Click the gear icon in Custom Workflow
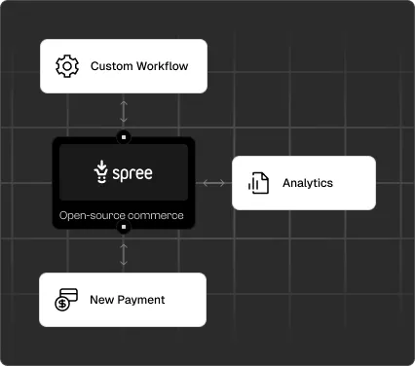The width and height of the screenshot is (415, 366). [x=66, y=66]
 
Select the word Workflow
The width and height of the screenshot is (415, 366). [x=164, y=66]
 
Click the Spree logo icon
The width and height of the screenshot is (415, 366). [x=100, y=173]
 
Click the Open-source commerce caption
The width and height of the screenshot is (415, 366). [x=121, y=215]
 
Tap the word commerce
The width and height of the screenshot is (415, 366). [x=157, y=215]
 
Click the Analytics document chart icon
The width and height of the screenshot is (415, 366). [x=258, y=183]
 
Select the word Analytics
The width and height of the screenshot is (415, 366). [x=308, y=183]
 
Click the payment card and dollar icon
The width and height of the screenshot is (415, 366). [x=66, y=300]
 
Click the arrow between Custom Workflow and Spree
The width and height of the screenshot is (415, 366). [x=123, y=109]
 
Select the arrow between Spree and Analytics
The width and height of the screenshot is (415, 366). [x=213, y=182]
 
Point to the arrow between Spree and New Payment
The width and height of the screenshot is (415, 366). [x=123, y=253]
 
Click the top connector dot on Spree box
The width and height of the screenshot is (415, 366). [x=123, y=137]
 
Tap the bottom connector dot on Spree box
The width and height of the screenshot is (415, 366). [x=123, y=228]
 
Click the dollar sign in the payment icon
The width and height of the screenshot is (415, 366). [x=61, y=304]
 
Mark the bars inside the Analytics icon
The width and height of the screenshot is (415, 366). [x=259, y=185]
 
